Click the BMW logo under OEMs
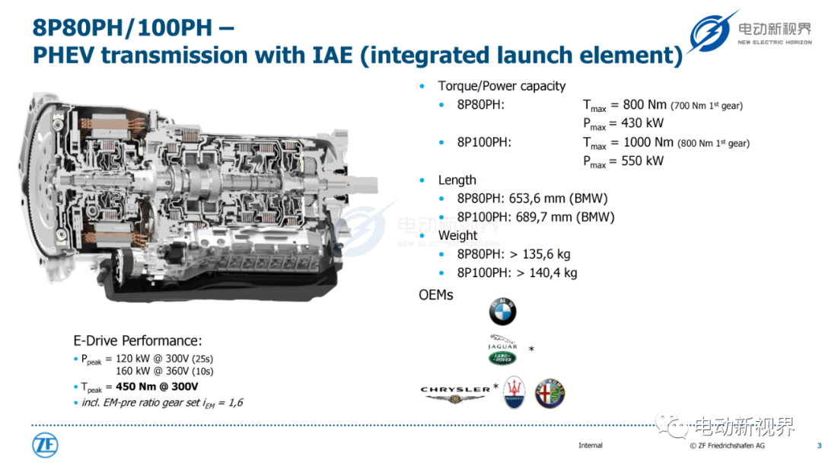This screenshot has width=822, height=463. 502,311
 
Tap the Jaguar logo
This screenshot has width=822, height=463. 502,342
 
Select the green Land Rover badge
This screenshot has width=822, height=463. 502,358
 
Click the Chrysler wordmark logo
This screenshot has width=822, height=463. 455,394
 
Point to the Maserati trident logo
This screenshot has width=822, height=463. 515,393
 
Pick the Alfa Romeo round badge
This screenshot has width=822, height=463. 550,393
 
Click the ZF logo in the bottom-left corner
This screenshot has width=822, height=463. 45,445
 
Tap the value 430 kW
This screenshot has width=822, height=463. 642,123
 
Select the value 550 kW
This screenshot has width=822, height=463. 642,161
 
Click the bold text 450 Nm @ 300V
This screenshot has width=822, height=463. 157,387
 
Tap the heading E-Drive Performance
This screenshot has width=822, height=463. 137,341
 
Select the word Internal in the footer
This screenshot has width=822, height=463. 591,445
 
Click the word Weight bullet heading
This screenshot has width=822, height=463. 457,235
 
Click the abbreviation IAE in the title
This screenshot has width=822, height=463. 333,55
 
